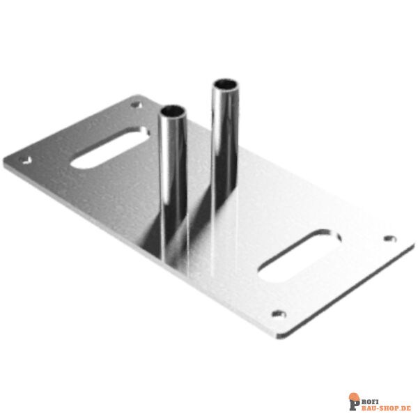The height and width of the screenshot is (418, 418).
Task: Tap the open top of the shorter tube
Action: tap(173, 111)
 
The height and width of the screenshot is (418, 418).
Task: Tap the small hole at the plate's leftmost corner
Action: tap(27, 159)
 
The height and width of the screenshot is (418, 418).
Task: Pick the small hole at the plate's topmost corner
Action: tap(135, 105)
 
